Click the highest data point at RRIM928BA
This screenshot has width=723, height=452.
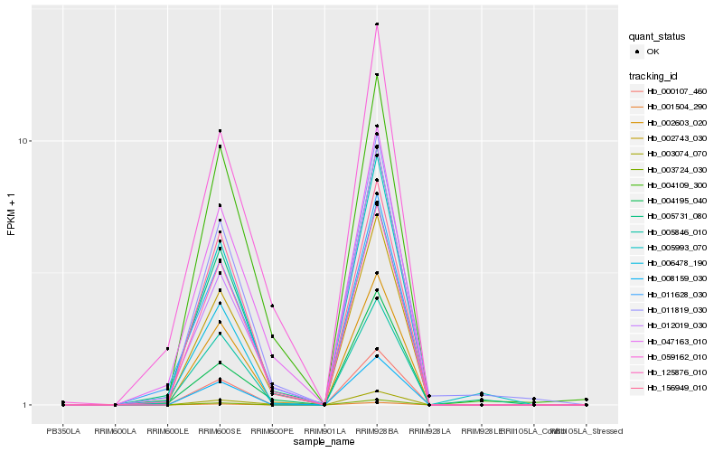(377, 24)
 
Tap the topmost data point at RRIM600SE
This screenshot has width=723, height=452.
(220, 131)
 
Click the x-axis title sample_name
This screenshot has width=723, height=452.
(324, 442)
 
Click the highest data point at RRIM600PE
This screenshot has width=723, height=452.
(272, 306)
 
